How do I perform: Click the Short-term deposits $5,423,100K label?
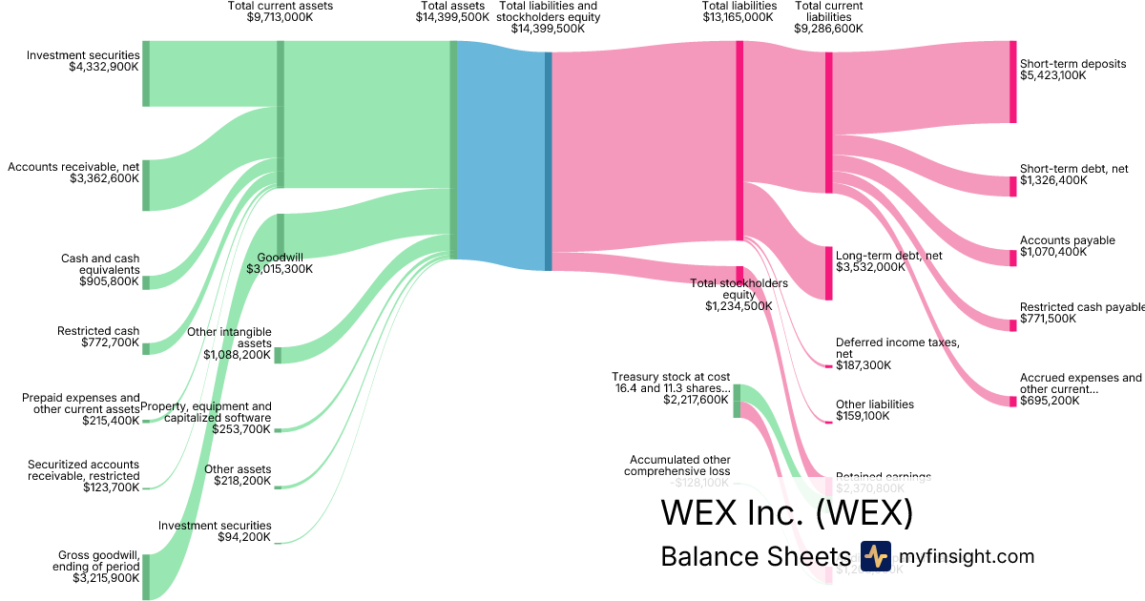(1072, 70)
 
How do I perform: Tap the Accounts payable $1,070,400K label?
(1067, 246)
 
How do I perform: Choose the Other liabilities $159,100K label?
(874, 410)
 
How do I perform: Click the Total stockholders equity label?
(739, 295)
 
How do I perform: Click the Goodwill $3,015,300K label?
(279, 263)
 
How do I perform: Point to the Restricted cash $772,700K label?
(98, 337)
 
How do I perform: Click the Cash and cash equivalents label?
(99, 270)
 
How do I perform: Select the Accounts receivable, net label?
(73, 173)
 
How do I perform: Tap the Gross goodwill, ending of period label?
(99, 566)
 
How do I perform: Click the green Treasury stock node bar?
(737, 401)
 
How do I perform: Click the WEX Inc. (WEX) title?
(786, 513)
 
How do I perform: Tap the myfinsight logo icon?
(875, 556)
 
